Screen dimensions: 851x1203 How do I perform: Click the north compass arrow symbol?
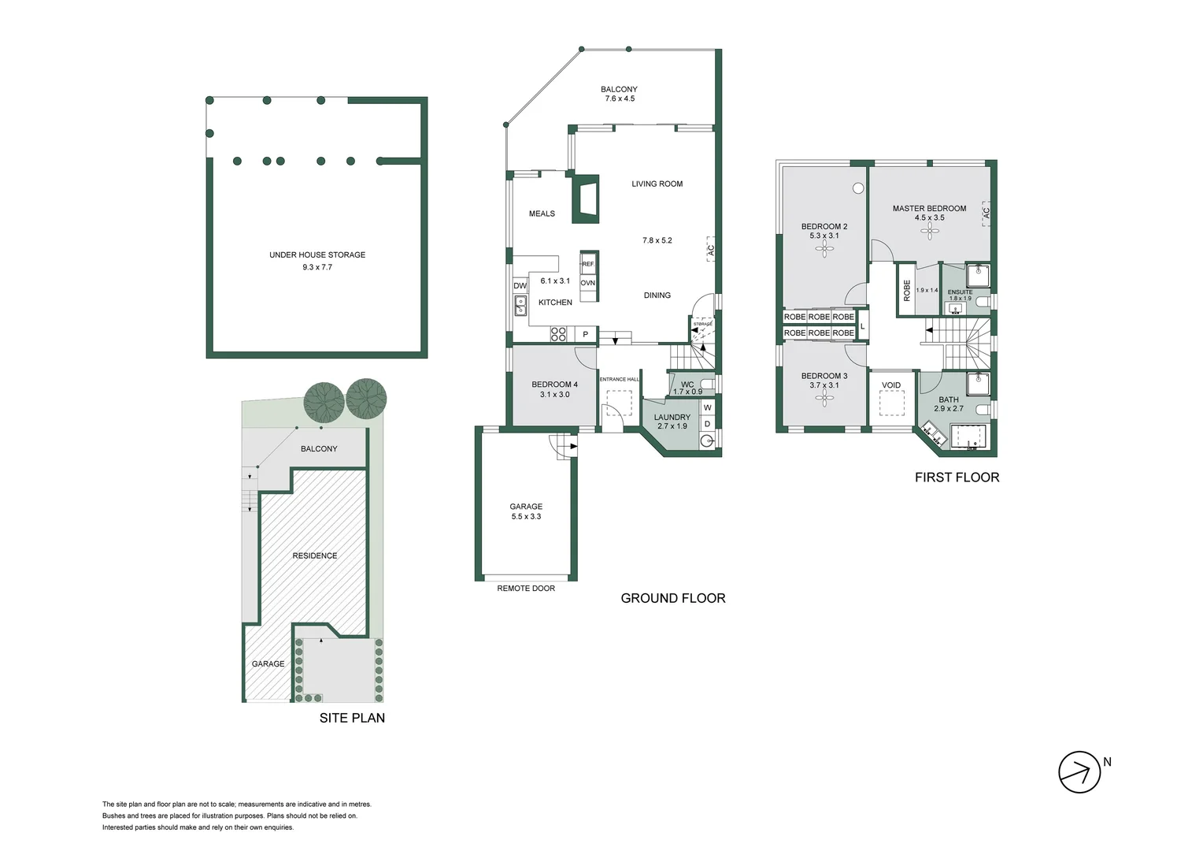[1079, 772]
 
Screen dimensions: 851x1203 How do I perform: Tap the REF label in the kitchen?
[588, 264]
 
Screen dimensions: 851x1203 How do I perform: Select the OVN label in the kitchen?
[588, 283]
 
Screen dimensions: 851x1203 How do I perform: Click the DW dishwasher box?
[520, 286]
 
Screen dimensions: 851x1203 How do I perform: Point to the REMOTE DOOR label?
[526, 589]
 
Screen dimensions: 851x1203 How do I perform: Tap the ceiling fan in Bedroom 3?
[824, 399]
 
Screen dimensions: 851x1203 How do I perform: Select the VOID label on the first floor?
[891, 385]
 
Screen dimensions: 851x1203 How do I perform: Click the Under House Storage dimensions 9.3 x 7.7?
[317, 267]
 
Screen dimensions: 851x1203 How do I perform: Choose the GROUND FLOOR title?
[673, 598]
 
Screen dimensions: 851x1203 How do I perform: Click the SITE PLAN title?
[352, 718]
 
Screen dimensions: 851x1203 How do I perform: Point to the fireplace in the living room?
[584, 196]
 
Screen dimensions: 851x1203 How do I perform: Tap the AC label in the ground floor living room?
[710, 250]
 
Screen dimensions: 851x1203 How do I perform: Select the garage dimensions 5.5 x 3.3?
[526, 517]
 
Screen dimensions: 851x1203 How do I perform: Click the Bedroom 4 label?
[554, 385]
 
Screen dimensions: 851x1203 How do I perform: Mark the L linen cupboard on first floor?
[863, 325]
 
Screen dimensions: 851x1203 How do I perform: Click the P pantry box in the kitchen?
[585, 335]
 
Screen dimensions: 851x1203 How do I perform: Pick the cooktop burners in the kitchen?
[558, 334]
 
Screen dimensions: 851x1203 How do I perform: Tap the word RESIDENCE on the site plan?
[315, 556]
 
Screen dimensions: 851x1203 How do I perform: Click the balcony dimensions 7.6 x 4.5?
[620, 99]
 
